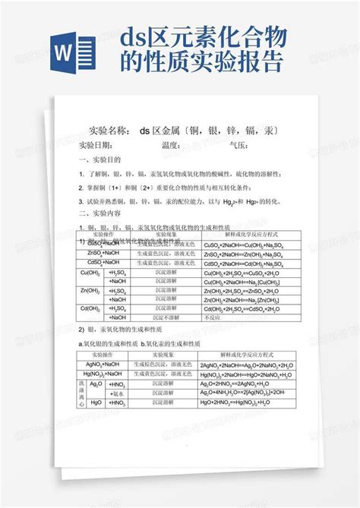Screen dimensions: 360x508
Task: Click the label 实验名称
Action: coord(109,131)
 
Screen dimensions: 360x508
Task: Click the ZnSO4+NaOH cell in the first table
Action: coord(104,253)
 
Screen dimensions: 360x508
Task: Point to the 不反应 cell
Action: coord(213,318)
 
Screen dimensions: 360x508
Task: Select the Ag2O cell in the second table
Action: coord(96,384)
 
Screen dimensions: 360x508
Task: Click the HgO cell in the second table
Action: coord(96,403)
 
